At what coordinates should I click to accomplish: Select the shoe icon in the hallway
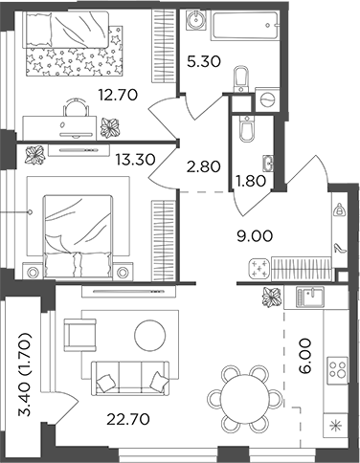coord(338,245)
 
